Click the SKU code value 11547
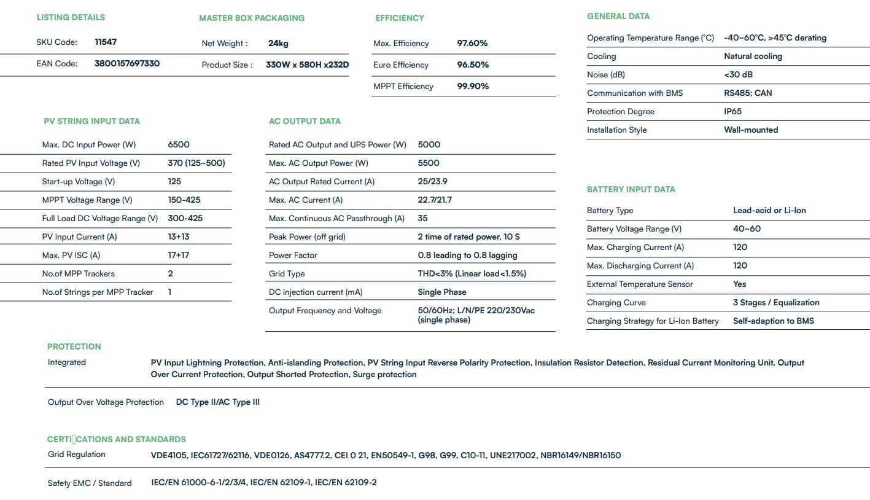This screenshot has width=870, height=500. (x=106, y=42)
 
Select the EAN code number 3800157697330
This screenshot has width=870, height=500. (x=127, y=63)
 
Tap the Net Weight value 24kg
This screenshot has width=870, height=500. (x=278, y=43)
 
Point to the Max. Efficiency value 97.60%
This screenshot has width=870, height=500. (x=472, y=43)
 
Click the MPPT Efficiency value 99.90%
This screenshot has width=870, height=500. (x=473, y=86)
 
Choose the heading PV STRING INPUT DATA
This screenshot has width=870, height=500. (x=92, y=121)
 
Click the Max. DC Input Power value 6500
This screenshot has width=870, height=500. (x=179, y=144)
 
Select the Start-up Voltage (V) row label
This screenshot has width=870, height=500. (x=79, y=181)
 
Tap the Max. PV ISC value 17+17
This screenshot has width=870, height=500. (x=179, y=255)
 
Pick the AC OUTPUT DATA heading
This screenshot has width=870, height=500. (x=305, y=121)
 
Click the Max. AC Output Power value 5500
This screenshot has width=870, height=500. (x=429, y=163)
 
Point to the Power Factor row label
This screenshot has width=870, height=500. (x=293, y=255)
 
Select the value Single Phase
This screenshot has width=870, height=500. (x=442, y=292)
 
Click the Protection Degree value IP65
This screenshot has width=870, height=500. (x=732, y=111)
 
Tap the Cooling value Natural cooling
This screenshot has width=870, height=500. (x=753, y=56)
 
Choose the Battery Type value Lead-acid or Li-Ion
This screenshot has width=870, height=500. (x=769, y=210)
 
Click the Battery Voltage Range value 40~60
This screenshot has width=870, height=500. (x=747, y=229)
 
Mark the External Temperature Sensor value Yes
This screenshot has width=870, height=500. (x=739, y=284)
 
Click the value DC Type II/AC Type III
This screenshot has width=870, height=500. (x=218, y=402)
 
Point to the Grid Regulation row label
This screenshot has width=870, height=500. (x=77, y=455)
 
